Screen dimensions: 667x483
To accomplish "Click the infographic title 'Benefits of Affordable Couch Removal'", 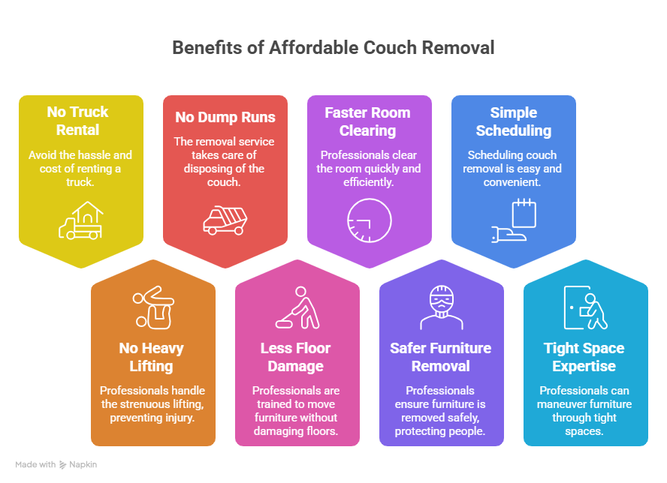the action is [x=333, y=47].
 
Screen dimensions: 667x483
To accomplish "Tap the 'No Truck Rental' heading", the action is [x=78, y=121].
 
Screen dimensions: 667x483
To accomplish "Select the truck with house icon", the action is [x=81, y=220].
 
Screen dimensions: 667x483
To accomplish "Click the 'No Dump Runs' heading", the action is [x=225, y=117].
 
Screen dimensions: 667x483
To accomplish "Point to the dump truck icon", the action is [x=225, y=220].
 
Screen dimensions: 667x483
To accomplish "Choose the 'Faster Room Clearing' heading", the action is [x=367, y=121].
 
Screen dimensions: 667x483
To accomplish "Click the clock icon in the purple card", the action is [x=370, y=220].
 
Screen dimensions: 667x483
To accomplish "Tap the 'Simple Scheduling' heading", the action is [x=514, y=121].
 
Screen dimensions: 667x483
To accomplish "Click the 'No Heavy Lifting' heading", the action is [x=152, y=357].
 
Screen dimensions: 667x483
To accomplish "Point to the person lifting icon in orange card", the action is [x=153, y=307].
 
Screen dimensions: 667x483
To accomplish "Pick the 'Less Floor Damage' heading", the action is [x=296, y=357].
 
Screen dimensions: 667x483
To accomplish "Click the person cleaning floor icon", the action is [x=297, y=307].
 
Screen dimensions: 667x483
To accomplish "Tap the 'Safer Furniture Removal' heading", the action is [x=441, y=357].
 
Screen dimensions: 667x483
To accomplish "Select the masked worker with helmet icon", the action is [x=442, y=307].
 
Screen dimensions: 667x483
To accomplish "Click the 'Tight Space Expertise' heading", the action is [x=584, y=357].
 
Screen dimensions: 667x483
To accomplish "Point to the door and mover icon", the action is [x=586, y=307].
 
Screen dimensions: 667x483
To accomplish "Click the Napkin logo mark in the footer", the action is [x=62, y=465].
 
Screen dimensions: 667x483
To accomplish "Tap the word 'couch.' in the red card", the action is [x=224, y=181].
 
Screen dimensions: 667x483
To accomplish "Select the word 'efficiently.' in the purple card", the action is [x=368, y=181].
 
